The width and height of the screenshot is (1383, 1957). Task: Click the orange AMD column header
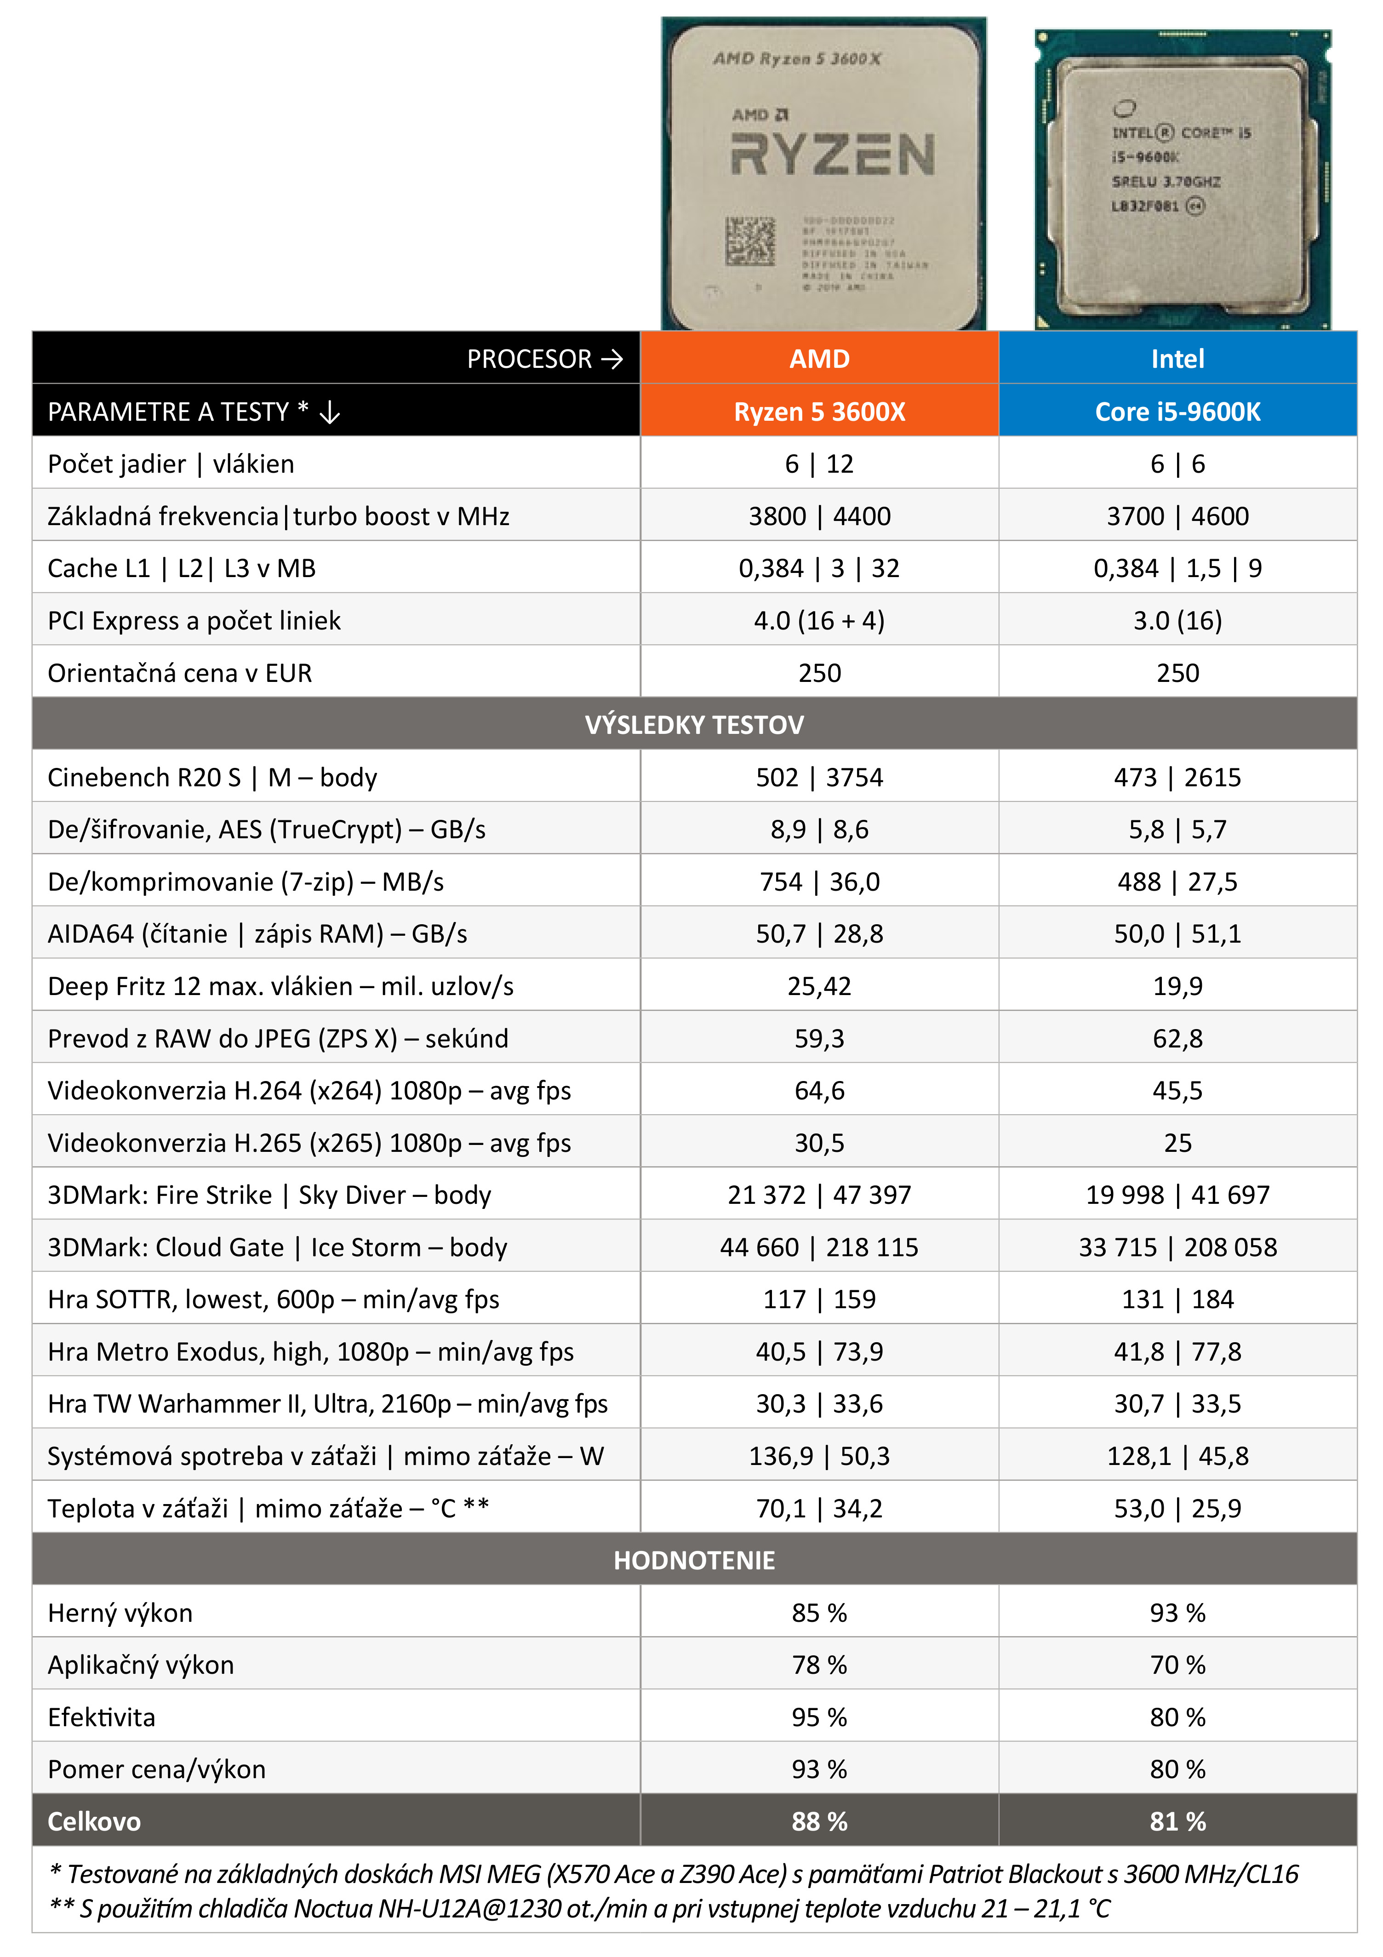[819, 358]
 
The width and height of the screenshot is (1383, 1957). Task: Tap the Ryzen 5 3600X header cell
[819, 412]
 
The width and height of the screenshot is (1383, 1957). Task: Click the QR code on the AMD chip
[750, 241]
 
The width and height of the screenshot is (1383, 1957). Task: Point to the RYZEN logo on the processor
[833, 155]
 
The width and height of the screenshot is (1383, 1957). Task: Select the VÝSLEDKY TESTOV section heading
[694, 725]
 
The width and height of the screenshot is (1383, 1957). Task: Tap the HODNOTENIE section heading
[694, 1560]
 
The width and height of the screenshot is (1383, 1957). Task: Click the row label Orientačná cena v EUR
[180, 673]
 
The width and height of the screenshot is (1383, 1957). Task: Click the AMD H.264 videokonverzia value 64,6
[819, 1090]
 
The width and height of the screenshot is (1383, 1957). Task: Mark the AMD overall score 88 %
[819, 1821]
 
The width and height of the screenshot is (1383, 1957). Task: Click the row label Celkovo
[94, 1821]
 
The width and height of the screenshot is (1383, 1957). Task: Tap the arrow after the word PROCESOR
[612, 359]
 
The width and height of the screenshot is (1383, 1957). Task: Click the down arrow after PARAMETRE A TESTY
[330, 413]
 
